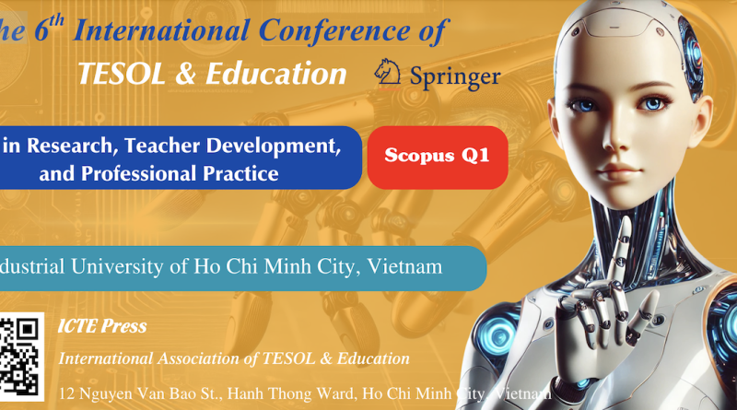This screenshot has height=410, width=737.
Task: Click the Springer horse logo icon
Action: pos(388,74)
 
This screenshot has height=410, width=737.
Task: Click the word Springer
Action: pos(451,76)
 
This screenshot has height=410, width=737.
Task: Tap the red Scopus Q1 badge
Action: pos(438,156)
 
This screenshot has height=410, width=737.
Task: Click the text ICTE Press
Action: pos(101,327)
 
